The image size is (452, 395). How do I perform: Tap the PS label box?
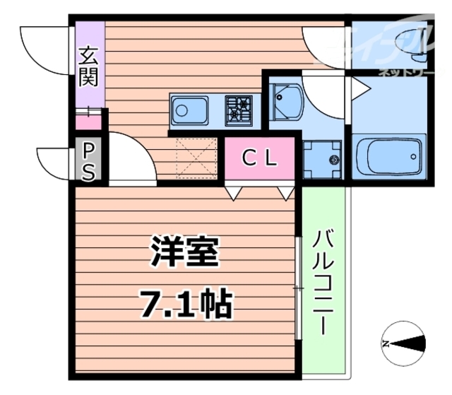[x=89, y=160]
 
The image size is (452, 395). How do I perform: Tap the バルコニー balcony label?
[x=323, y=281]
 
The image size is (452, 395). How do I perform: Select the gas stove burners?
[x=239, y=110]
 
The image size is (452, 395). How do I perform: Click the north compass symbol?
[x=403, y=344]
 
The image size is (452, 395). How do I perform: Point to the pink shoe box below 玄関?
[x=88, y=122]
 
